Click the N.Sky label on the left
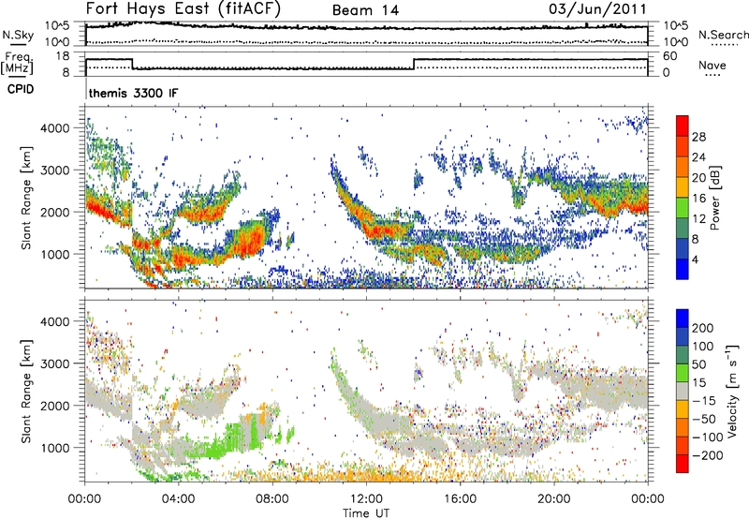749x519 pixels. point(14,35)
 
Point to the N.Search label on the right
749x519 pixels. point(718,35)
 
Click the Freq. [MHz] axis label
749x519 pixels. point(14,64)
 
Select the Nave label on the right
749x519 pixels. point(712,66)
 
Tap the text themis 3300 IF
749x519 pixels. point(132,93)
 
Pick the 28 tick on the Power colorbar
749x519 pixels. point(699,136)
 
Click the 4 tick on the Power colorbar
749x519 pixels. point(698,258)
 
